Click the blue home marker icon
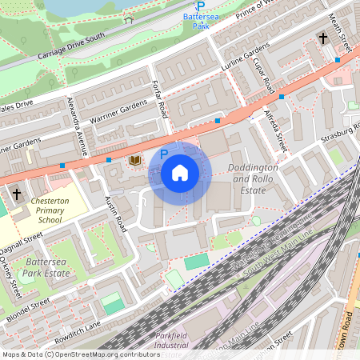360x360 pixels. [x=180, y=173]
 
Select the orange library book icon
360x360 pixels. [x=135, y=161]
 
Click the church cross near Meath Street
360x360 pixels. [x=323, y=38]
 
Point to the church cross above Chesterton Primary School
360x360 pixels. [x=17, y=194]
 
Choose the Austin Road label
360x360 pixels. [x=116, y=214]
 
